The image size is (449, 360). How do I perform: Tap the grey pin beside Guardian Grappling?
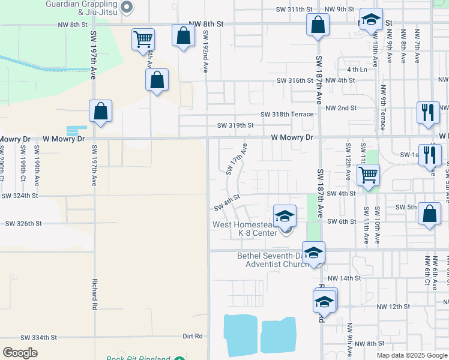pyautogui.click(x=127, y=7)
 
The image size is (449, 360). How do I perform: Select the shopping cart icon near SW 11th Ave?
pyautogui.click(x=367, y=175)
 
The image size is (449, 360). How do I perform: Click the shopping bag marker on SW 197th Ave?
pyautogui.click(x=100, y=112)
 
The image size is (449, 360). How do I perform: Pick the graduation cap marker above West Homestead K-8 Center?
pyautogui.click(x=285, y=216)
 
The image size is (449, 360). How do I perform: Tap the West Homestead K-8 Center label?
pyautogui.click(x=246, y=229)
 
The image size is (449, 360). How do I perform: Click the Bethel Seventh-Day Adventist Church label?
pyautogui.click(x=273, y=260)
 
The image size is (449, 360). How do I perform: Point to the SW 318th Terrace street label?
pyautogui.click(x=287, y=114)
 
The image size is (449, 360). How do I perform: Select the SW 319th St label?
pyautogui.click(x=235, y=125)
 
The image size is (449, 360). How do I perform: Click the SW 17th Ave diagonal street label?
pyautogui.click(x=237, y=159)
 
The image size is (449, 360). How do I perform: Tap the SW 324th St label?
pyautogui.click(x=20, y=196)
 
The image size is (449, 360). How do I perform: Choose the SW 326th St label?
pyautogui.click(x=23, y=223)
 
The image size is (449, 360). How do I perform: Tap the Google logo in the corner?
pyautogui.click(x=20, y=353)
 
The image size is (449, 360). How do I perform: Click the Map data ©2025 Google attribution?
pyautogui.click(x=411, y=355)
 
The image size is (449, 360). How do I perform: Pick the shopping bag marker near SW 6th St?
pyautogui.click(x=429, y=215)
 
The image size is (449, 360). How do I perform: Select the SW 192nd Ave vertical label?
pyautogui.click(x=205, y=52)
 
